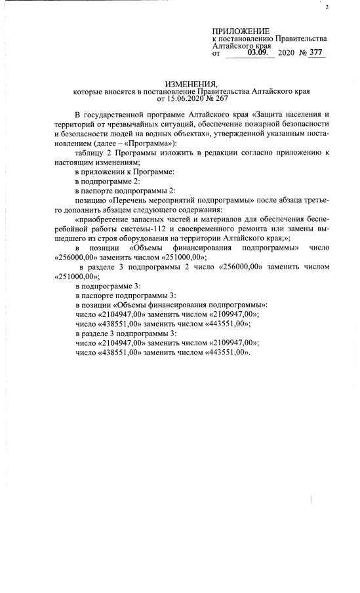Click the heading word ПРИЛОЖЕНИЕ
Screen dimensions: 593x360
[x=241, y=31]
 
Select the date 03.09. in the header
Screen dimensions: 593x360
[x=258, y=52]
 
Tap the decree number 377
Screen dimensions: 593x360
[x=317, y=52]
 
